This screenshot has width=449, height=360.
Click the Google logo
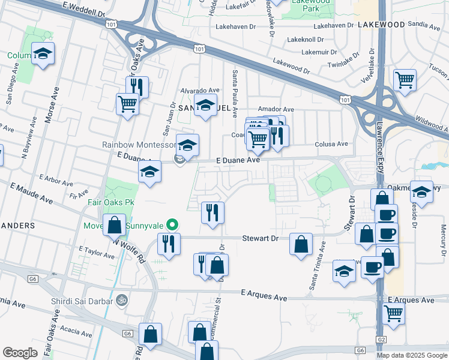(x=20, y=353)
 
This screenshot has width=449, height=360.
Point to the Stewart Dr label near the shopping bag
(x=261, y=238)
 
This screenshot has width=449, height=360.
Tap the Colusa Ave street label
(x=332, y=144)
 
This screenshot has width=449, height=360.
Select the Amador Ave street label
(x=276, y=109)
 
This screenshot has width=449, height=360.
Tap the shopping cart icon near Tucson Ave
(x=405, y=79)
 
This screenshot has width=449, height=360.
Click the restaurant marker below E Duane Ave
(x=212, y=212)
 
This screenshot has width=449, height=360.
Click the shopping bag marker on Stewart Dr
(x=301, y=244)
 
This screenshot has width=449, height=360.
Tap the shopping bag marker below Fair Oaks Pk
(x=114, y=225)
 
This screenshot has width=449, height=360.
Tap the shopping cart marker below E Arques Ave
(x=393, y=313)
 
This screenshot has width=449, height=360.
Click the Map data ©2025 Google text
(x=411, y=355)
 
